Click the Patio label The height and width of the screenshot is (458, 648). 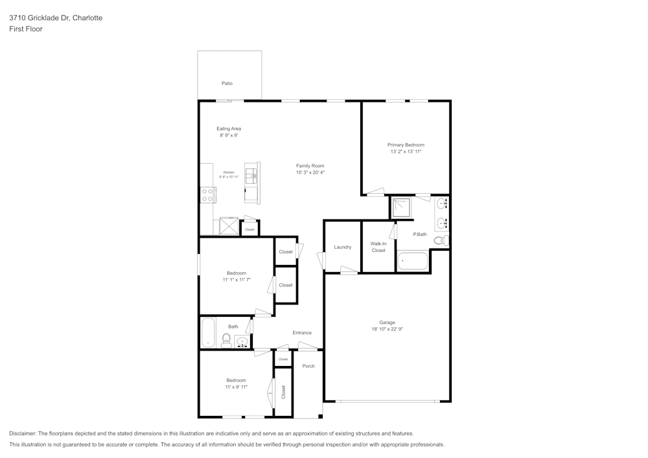tap(227, 84)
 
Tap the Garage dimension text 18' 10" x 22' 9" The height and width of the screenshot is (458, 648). tap(387, 329)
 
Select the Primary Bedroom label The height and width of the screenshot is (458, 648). tap(406, 144)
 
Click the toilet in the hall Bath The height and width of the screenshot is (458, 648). tap(227, 340)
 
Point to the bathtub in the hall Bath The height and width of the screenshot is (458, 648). tap(208, 333)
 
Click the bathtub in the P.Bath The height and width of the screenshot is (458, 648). tap(413, 261)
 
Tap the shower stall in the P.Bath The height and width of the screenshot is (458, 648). tap(401, 208)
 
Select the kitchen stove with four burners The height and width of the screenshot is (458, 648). tap(208, 194)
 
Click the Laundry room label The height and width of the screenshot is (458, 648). tap(342, 247)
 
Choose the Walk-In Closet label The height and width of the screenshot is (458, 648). tap(378, 247)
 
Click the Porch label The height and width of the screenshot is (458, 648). tap(308, 366)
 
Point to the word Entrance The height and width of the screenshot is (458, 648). tap(302, 333)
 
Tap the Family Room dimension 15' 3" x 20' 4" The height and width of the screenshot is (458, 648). tap(310, 173)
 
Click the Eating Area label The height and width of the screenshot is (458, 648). tap(229, 129)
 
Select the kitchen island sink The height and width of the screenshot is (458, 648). tap(251, 174)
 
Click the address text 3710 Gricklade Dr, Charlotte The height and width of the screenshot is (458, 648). tap(56, 18)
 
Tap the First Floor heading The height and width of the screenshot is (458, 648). tap(26, 29)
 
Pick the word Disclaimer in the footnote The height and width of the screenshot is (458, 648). tap(23, 433)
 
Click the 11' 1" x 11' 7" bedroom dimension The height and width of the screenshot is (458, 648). tap(236, 280)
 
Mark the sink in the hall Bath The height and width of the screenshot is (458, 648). tap(242, 341)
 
